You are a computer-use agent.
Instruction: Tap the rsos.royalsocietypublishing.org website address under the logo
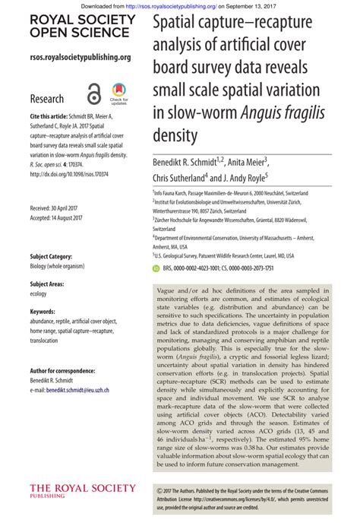(81, 57)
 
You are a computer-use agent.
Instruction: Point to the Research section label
(47, 99)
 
